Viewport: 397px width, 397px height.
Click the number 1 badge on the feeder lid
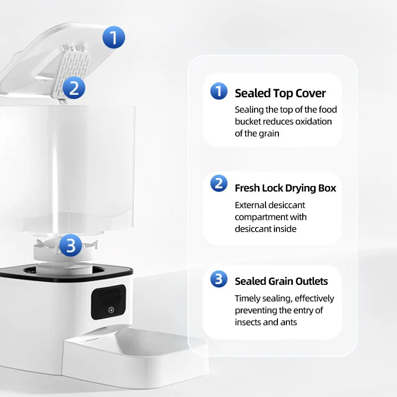coord(114,37)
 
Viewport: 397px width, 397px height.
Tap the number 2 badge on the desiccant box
coord(73,88)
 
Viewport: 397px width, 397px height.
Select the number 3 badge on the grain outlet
coord(70,245)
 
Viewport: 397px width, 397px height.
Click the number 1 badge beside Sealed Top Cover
coord(218,91)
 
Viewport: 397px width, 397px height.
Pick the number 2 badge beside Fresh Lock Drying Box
coord(218,183)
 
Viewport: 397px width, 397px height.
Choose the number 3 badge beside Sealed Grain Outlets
coord(218,279)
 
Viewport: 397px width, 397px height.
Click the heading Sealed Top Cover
coord(280,93)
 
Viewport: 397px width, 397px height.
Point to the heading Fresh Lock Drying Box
coord(285,188)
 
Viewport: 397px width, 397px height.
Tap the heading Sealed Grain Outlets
coord(281,281)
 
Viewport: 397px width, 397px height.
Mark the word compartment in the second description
coord(261,217)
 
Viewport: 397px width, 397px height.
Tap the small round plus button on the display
coord(111,310)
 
